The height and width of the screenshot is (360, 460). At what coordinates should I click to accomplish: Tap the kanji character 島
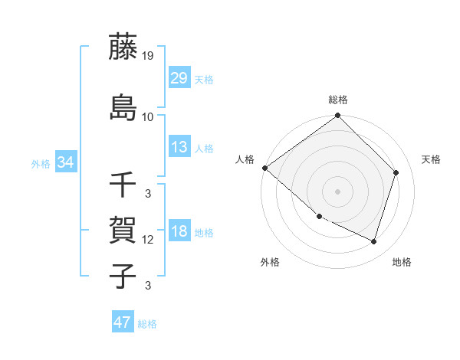124,106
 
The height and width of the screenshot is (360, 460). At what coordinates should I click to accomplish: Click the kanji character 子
124,276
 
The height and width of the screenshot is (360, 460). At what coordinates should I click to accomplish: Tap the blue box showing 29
179,78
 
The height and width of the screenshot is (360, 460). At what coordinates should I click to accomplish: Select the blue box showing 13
179,147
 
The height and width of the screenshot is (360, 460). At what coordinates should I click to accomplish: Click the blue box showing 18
179,232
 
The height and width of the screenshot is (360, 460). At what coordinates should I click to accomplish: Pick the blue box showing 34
65,162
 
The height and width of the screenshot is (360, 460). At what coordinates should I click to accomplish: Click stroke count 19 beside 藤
149,56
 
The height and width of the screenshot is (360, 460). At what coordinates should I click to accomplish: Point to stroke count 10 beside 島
148,117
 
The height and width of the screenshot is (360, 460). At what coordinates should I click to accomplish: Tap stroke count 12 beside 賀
148,240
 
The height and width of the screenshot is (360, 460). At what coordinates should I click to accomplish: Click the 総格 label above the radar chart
338,100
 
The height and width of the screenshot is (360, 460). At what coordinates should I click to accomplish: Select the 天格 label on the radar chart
432,159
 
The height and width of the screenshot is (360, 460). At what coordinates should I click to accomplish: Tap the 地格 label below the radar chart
402,262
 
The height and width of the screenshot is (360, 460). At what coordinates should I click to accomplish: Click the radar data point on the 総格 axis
338,116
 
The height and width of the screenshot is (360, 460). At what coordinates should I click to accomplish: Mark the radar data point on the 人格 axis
264,168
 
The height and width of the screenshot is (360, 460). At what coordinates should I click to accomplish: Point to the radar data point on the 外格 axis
319,217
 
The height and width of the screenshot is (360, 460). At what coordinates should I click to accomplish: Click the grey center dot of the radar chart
338,191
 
